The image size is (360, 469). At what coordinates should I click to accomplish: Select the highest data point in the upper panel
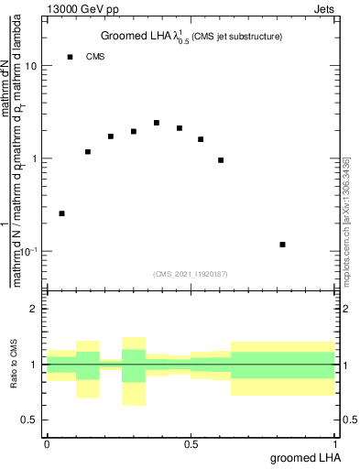(x=157, y=123)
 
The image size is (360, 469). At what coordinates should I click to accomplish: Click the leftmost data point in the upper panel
(x=61, y=213)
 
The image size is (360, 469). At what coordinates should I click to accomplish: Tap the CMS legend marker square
(x=70, y=57)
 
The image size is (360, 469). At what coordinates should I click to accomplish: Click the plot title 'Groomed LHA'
(x=133, y=37)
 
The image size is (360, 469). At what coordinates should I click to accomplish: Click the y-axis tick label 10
(x=31, y=67)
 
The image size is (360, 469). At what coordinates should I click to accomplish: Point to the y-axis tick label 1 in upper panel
(x=35, y=158)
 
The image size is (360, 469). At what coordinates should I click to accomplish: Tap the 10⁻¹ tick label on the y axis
(x=29, y=250)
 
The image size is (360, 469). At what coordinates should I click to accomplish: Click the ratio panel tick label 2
(x=35, y=310)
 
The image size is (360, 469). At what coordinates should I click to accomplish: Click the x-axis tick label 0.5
(x=191, y=444)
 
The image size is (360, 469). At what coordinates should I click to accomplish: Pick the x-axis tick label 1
(x=335, y=444)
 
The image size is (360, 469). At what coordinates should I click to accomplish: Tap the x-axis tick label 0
(x=47, y=444)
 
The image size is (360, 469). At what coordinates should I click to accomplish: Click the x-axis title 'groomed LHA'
(x=304, y=459)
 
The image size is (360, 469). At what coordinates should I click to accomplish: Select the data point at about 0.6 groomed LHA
(x=221, y=160)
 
